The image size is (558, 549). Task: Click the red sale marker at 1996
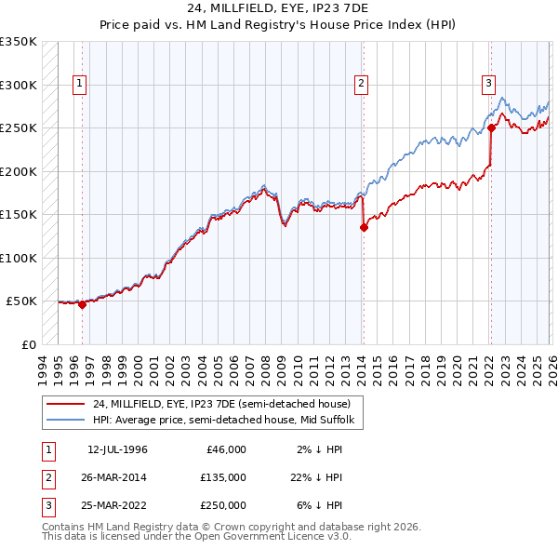coord(82,304)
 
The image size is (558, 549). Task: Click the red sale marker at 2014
coord(364,227)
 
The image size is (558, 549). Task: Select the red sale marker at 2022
coord(491,128)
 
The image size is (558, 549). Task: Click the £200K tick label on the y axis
coord(19,171)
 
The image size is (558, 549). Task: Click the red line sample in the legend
coord(65,404)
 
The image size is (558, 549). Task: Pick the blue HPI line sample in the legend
coord(65,420)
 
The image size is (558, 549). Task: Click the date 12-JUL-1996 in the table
coord(117,449)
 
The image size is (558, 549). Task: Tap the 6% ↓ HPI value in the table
coord(320,505)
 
